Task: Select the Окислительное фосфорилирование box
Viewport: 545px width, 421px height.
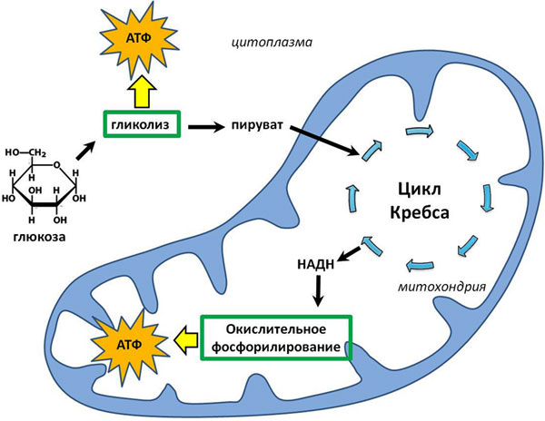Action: coord(274,337)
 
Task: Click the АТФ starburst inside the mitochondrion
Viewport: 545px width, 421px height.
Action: coord(128,342)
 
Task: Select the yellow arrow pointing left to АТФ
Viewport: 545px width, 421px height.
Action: coord(186,338)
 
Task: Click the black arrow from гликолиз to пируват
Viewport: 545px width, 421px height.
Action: coord(210,125)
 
